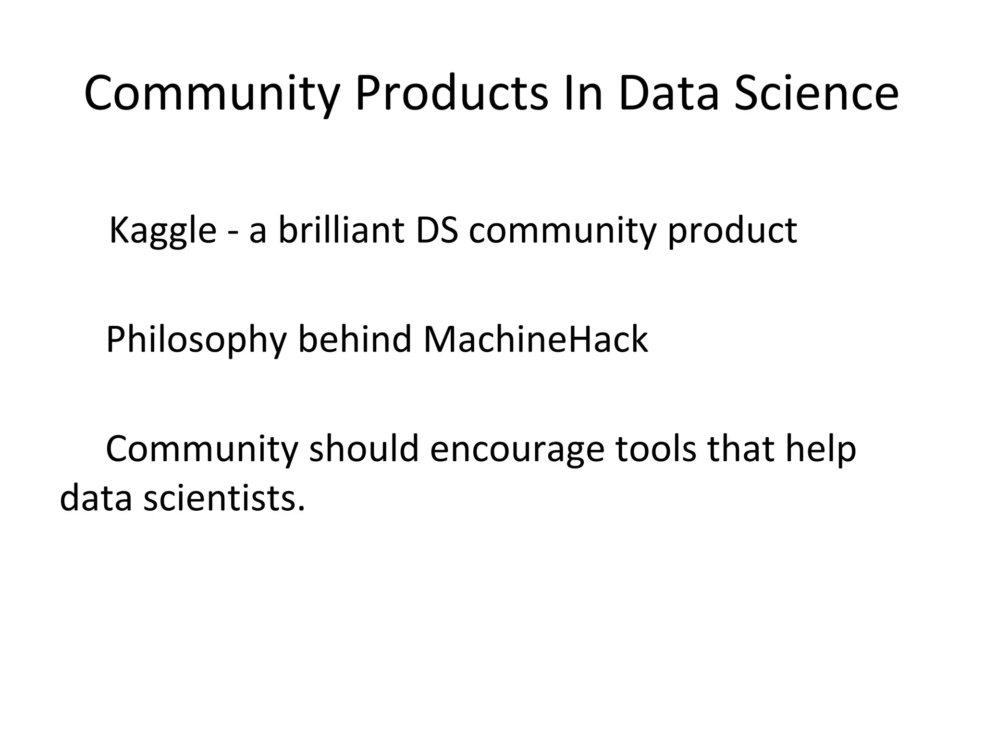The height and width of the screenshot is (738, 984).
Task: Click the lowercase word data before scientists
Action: click(96, 498)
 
